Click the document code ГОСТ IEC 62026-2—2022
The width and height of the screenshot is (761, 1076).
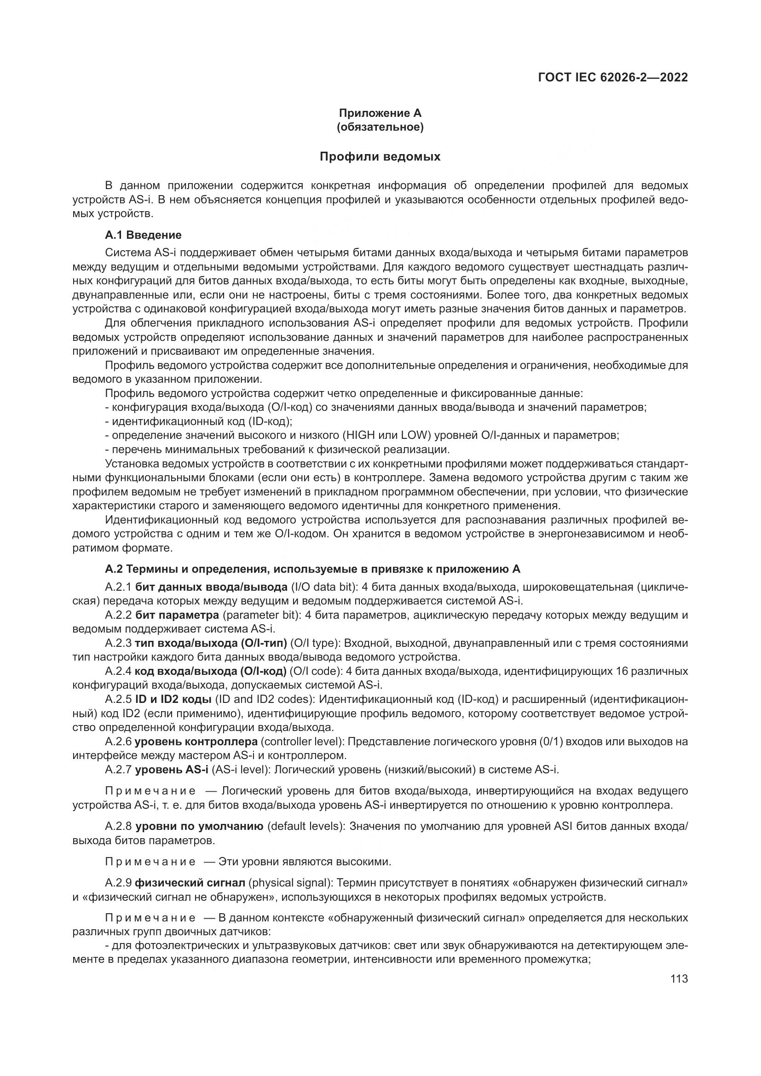[x=613, y=77]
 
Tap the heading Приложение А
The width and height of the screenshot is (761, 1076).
[x=380, y=113]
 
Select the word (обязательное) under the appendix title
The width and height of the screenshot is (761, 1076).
[x=380, y=127]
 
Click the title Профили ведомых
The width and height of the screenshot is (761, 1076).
[x=380, y=156]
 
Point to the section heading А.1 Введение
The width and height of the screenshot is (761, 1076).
[x=143, y=234]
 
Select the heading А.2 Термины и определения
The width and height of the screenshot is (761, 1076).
[x=312, y=569]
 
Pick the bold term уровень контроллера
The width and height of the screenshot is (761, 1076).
[x=196, y=742]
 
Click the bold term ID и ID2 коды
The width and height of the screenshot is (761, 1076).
[x=173, y=700]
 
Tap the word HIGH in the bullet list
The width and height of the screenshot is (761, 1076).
[x=359, y=435]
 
